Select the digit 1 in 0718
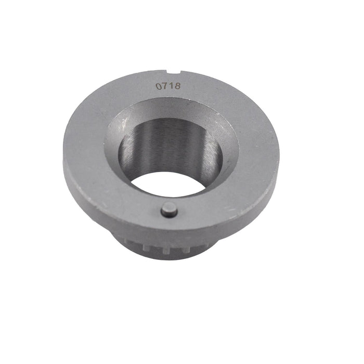[171, 86]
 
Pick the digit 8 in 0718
[177, 85]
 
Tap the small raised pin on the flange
[169, 210]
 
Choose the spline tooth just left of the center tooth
[151, 249]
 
